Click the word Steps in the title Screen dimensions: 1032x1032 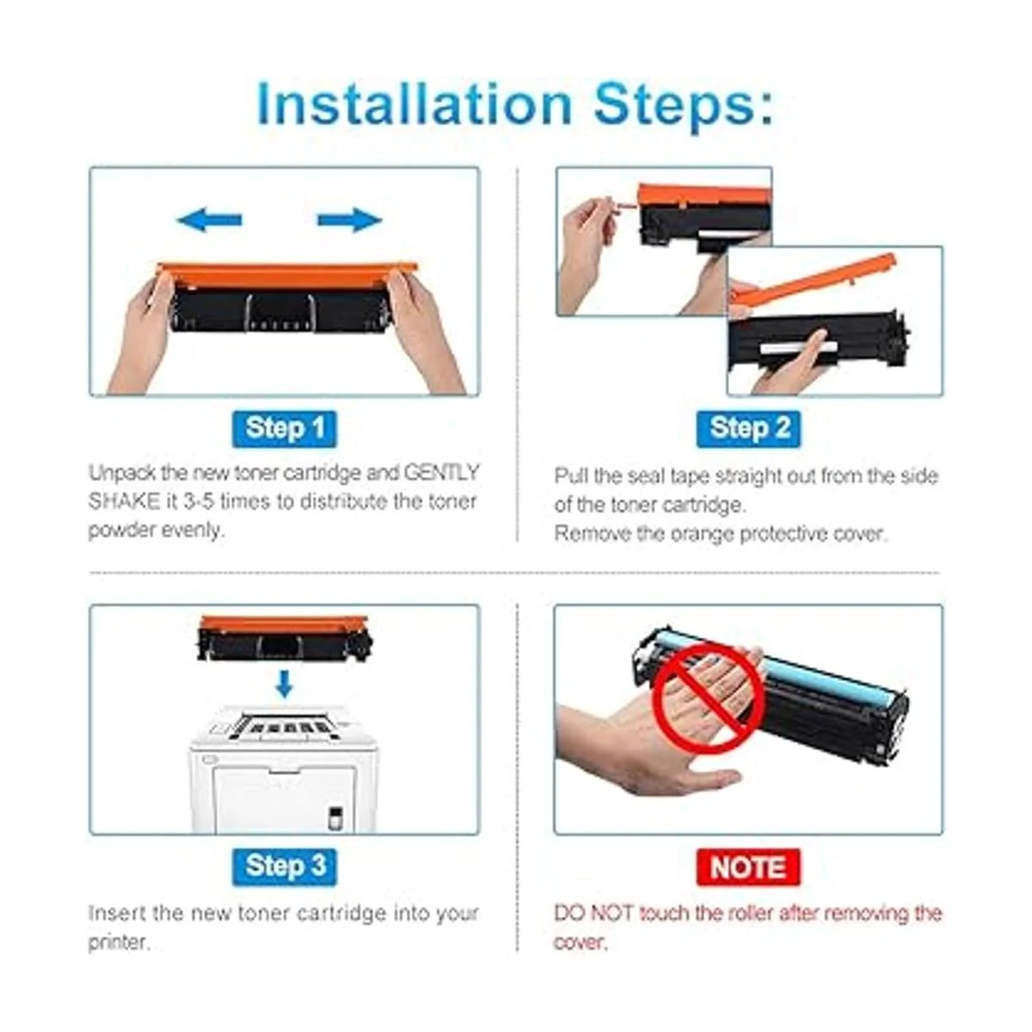(x=684, y=105)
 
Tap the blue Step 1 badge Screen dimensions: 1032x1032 (x=285, y=429)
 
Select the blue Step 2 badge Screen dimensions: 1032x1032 (x=749, y=429)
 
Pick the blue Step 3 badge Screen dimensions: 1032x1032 (x=285, y=867)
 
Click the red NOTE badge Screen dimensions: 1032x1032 (x=749, y=867)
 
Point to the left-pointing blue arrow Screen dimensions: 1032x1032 (x=209, y=220)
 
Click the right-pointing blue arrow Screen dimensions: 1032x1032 (x=350, y=220)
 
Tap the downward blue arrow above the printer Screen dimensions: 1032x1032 (x=285, y=684)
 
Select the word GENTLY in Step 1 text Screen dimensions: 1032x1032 (x=441, y=472)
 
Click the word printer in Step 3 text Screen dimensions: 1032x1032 (x=116, y=942)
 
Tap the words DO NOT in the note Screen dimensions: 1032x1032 (x=593, y=913)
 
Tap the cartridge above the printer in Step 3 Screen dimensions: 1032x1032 (x=285, y=638)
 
